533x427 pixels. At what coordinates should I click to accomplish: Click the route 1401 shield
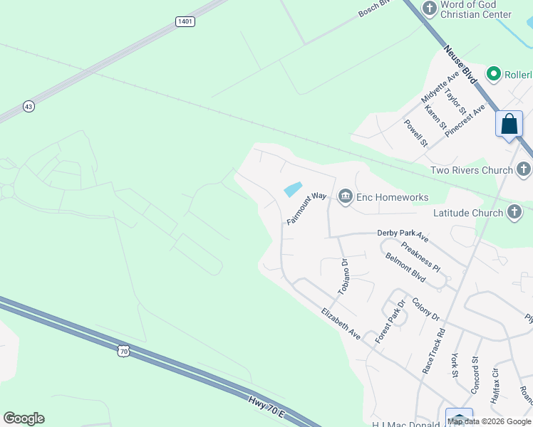coord(185,22)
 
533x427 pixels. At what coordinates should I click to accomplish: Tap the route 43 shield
coord(29,106)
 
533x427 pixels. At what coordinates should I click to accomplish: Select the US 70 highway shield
coord(125,350)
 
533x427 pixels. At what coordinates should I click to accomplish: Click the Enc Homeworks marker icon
coord(346,196)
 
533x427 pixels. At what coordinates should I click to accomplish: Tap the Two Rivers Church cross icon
coord(524,170)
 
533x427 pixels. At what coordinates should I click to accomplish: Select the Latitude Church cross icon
coord(514,212)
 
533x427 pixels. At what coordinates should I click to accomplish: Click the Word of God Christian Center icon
coord(429,8)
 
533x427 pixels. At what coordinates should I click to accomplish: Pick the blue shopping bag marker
coord(509,125)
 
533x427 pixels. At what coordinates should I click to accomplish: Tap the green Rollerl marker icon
coord(492,74)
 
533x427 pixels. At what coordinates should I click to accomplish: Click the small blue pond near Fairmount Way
coord(293,189)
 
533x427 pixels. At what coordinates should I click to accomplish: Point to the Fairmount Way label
coord(306,211)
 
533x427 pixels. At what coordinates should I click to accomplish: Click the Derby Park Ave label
coord(402,235)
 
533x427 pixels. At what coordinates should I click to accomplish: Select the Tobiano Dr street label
coord(343,275)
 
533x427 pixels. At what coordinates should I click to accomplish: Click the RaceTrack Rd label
coord(433,351)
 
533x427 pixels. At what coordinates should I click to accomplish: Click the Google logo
coord(24,418)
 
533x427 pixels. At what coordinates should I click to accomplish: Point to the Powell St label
coord(415,132)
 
